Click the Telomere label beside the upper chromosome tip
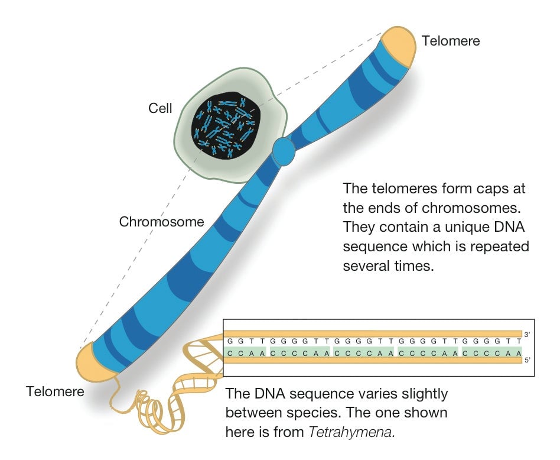[451, 41]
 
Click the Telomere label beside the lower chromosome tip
[55, 391]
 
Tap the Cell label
[160, 108]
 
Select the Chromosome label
[161, 222]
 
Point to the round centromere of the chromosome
[284, 151]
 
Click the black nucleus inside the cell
[226, 125]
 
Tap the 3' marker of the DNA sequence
[527, 335]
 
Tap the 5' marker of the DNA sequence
[527, 360]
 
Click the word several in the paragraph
[366, 266]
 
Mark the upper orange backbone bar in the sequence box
[373, 333]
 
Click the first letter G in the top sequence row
[230, 341]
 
